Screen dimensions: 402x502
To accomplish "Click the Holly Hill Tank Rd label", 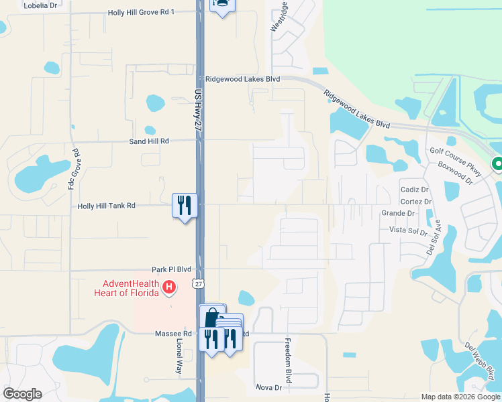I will click(107, 206).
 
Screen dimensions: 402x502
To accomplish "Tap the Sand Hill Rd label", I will click(149, 141).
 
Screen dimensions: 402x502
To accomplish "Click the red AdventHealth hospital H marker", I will click(170, 287).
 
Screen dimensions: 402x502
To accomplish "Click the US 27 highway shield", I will click(198, 284).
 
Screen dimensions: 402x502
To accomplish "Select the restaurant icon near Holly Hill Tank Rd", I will click(184, 205).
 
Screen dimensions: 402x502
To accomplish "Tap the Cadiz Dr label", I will click(414, 190).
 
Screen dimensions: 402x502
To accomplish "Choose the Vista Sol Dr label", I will click(408, 230).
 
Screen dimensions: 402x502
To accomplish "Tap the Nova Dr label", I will click(268, 387).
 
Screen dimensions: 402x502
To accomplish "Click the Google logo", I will click(23, 393).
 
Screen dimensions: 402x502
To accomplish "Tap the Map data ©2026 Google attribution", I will click(460, 397).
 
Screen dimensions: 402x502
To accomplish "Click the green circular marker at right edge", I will click(497, 163).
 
